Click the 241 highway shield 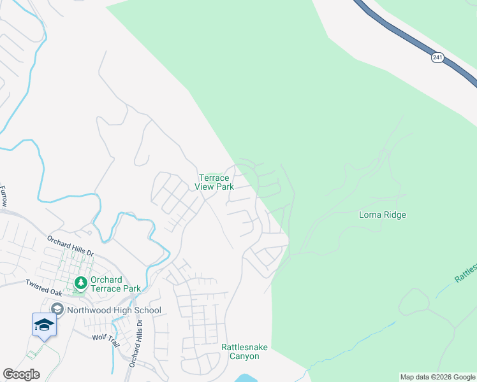click(437, 57)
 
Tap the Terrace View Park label click(216, 182)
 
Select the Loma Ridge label click(383, 215)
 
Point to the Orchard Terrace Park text click(115, 284)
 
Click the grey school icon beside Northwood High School click(57, 309)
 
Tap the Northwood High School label click(113, 310)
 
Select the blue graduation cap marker click(44, 324)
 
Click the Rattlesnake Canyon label click(244, 351)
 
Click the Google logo click(21, 374)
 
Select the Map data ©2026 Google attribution click(437, 377)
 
